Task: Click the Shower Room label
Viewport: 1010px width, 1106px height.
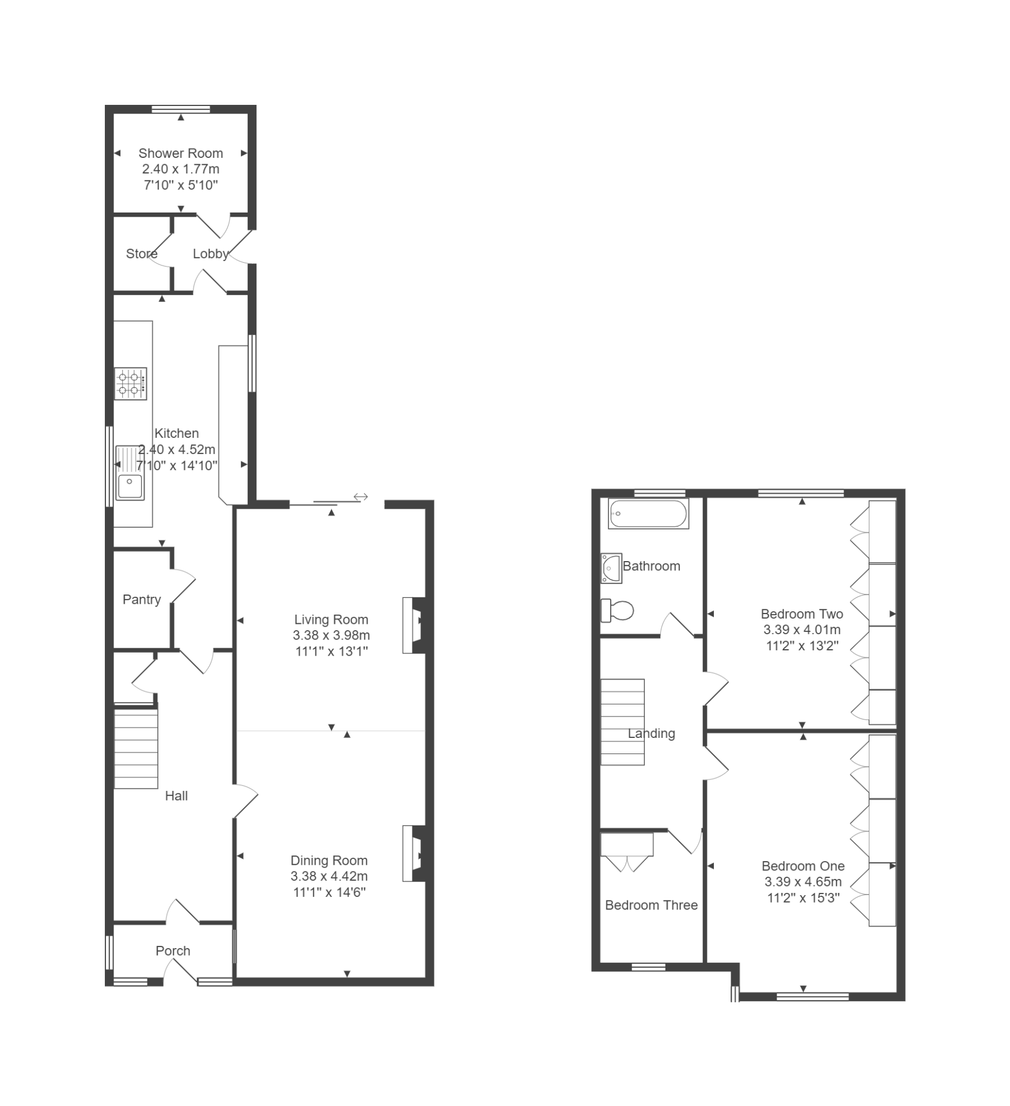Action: (x=180, y=153)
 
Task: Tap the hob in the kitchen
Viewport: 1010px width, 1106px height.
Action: (x=130, y=384)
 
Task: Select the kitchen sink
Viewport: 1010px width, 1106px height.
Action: (x=130, y=472)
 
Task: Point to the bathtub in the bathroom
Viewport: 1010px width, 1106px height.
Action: (x=648, y=514)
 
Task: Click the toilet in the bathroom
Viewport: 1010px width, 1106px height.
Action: (x=617, y=611)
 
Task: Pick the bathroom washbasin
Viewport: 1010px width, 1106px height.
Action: (x=611, y=569)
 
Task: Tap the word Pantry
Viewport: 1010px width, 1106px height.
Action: (x=142, y=600)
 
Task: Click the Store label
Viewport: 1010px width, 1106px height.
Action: (x=142, y=253)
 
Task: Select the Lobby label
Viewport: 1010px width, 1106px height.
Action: (x=210, y=254)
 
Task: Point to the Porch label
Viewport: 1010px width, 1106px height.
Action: (x=173, y=951)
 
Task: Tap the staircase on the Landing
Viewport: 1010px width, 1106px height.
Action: (x=622, y=722)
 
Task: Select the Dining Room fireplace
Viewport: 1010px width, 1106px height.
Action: (x=414, y=854)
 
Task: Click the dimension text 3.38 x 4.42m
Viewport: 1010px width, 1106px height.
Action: (x=329, y=876)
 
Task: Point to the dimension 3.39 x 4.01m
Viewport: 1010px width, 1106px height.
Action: (x=802, y=630)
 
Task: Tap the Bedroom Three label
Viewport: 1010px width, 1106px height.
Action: (x=651, y=905)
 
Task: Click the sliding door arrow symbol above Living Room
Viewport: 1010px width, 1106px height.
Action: (x=361, y=497)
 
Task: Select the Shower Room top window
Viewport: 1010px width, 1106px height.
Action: (x=181, y=109)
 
